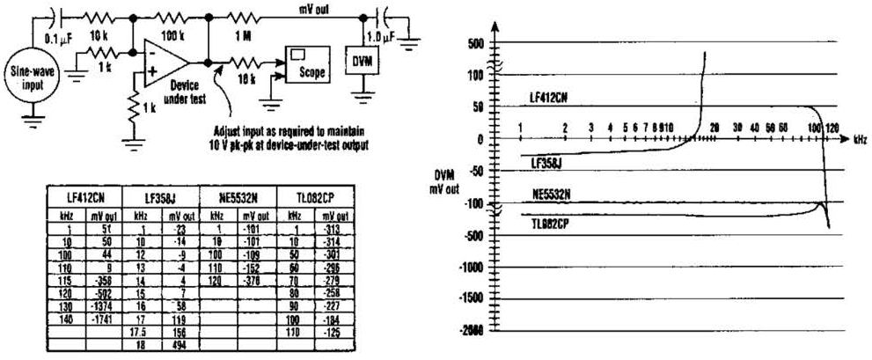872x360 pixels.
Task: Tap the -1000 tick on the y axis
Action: (471, 266)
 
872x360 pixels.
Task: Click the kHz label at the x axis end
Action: (860, 139)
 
